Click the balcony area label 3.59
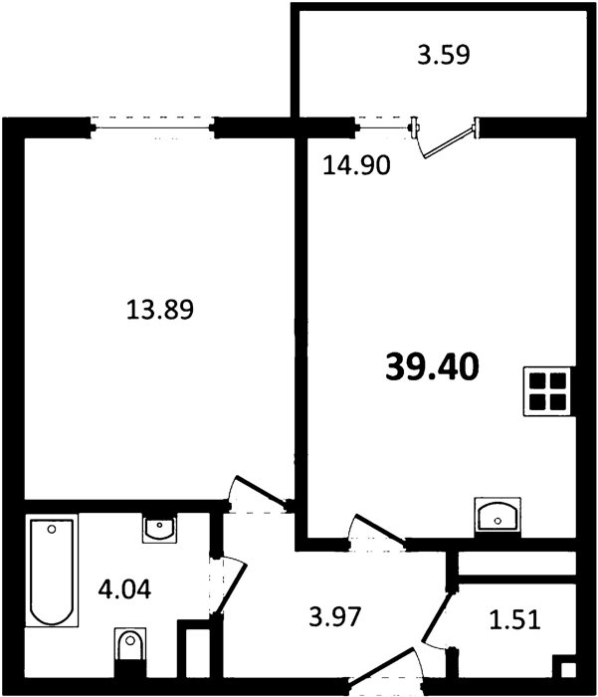pyautogui.click(x=444, y=55)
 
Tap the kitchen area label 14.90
pyautogui.click(x=356, y=165)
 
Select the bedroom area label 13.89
pyautogui.click(x=160, y=310)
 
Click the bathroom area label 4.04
pyautogui.click(x=124, y=589)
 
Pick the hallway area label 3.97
pyautogui.click(x=334, y=617)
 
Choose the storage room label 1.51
pyautogui.click(x=515, y=619)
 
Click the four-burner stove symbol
pyautogui.click(x=547, y=391)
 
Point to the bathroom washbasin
pyautogui.click(x=159, y=528)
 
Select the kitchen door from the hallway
pyautogui.click(x=380, y=529)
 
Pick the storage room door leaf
pyautogui.click(x=437, y=616)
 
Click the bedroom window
pyautogui.click(x=153, y=128)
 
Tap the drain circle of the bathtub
pyautogui.click(x=52, y=529)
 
